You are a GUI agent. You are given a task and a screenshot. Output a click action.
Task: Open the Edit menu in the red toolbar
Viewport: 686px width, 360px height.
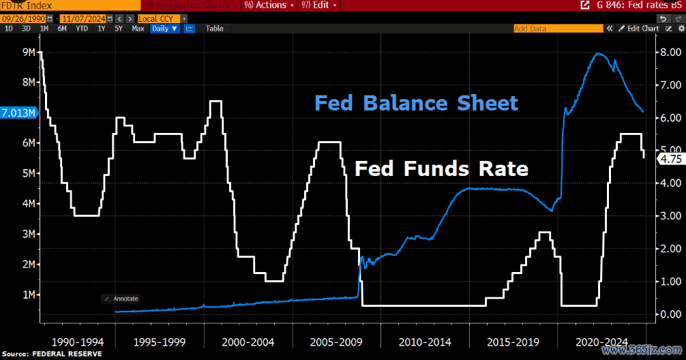click(x=319, y=5)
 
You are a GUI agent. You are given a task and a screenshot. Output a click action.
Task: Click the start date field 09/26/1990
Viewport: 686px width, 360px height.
click(x=25, y=18)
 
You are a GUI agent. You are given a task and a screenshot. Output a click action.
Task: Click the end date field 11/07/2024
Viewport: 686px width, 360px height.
click(x=82, y=18)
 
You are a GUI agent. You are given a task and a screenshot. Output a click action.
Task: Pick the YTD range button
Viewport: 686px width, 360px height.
click(x=82, y=29)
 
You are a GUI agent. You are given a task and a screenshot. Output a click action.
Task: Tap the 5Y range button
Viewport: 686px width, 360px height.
click(x=119, y=29)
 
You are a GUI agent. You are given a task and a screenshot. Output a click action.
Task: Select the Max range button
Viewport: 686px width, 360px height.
click(x=138, y=29)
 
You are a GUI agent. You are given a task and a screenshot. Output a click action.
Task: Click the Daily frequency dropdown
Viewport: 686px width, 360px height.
click(x=165, y=29)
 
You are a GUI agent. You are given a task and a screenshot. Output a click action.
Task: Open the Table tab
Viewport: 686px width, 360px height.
click(x=214, y=29)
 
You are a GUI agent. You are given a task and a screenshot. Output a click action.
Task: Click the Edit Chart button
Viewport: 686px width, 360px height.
click(x=642, y=29)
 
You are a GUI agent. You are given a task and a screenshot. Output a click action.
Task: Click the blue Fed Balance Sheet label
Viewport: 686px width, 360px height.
click(x=416, y=104)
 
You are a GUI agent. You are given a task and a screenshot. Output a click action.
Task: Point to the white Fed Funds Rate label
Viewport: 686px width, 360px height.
click(x=441, y=168)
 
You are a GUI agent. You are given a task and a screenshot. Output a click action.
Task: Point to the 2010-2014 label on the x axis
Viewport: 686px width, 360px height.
click(x=424, y=340)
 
